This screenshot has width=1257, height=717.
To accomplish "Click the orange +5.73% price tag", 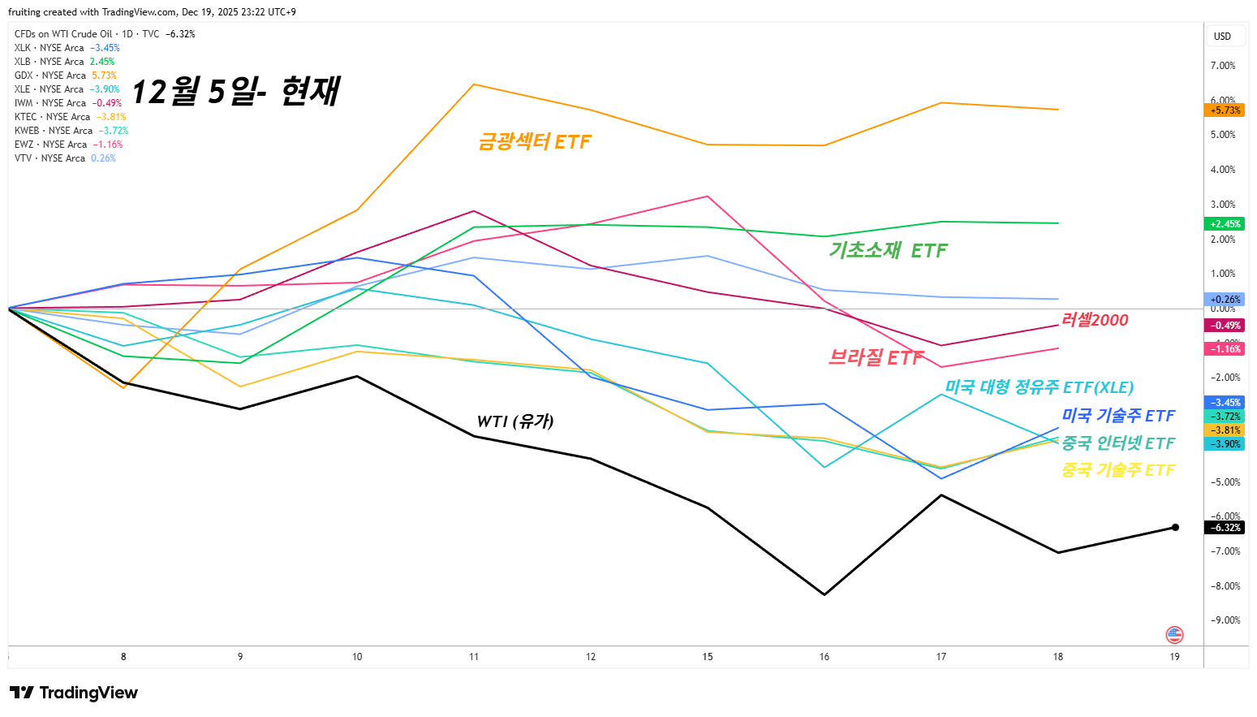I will coord(1225,110).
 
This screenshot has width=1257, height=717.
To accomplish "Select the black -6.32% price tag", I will coord(1225,528).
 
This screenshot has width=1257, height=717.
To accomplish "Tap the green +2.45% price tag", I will coord(1225,224).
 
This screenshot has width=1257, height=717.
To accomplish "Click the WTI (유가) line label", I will coord(515,421).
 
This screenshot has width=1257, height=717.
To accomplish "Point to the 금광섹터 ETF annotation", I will coord(535,142).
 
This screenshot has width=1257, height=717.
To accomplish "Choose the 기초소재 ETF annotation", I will coord(888,251).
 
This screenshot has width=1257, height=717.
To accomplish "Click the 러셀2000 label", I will coord(1095,320).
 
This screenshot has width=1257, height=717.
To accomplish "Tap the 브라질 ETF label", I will coord(876,358).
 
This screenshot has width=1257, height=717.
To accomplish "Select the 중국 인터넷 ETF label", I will coord(1118,443).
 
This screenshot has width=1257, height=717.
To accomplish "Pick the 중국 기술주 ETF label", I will coord(1118,470).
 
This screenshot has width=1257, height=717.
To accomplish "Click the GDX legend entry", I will coord(65,76).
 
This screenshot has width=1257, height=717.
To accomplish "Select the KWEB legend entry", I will coord(71,131).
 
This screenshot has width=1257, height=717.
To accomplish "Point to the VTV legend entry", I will coord(65,158).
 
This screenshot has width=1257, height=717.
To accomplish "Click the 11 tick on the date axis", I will coord(474,657).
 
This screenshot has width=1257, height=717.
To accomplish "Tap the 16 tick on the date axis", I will coord(824,657).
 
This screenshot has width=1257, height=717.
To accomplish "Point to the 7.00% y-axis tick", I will coord(1223,66).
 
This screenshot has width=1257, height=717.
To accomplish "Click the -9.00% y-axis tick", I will coord(1225,620).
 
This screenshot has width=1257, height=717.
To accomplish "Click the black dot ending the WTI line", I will coord(1175,528).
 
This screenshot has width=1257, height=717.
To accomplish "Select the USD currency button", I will coord(1222,37).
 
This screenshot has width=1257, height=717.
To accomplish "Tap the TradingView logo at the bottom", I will coord(74,693).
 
